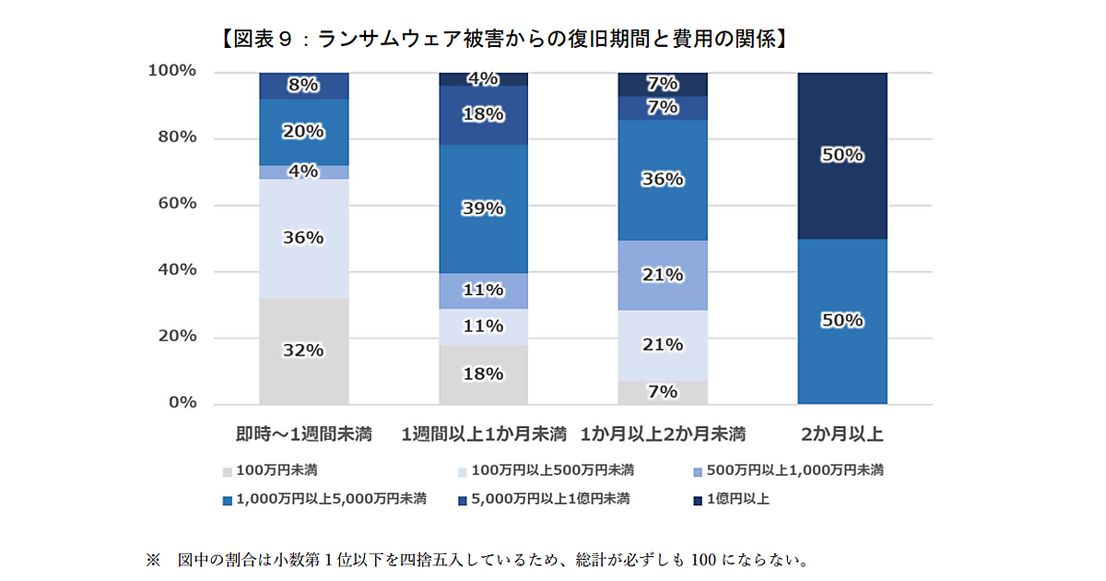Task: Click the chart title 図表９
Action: (502, 39)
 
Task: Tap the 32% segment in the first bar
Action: (303, 351)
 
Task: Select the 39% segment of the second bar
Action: (483, 208)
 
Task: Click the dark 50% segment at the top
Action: (841, 155)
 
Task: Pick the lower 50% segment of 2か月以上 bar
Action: (841, 321)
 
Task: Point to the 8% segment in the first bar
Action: (303, 86)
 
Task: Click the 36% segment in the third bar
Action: (663, 179)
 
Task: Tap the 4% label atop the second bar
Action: (483, 79)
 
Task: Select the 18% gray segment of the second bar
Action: (483, 374)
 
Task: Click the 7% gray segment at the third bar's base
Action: (663, 392)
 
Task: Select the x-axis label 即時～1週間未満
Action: (303, 433)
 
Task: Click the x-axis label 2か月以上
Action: (841, 433)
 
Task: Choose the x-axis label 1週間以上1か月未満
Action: (483, 433)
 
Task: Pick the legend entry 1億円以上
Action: (737, 499)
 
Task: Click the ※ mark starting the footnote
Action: (152, 560)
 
